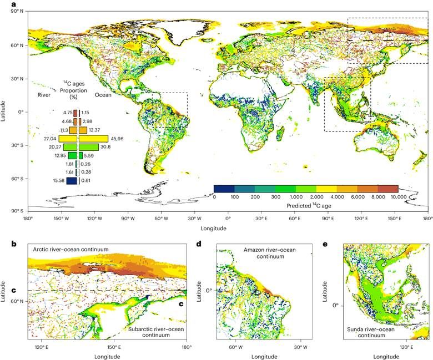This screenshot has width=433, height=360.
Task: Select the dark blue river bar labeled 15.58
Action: pyautogui.click(x=71, y=181)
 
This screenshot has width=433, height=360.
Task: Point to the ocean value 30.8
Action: pyautogui.click(x=105, y=147)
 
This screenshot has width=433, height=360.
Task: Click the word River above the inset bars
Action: pyautogui.click(x=44, y=95)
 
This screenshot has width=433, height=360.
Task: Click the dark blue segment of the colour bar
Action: pyautogui.click(x=224, y=189)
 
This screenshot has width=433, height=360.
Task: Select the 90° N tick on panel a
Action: pyautogui.click(x=15, y=11)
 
